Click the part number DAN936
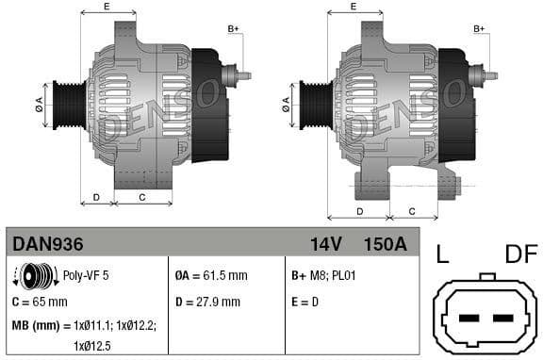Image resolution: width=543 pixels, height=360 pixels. (48, 243)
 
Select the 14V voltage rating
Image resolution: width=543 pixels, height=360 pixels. (325, 243)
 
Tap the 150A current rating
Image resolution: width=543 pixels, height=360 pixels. (385, 243)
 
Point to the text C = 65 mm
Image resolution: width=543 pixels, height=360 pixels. (40, 302)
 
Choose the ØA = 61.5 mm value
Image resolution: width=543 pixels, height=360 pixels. (211, 276)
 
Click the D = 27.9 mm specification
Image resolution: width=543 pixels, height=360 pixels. (208, 302)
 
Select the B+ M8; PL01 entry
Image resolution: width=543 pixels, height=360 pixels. (325, 276)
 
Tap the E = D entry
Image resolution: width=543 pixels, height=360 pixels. (306, 302)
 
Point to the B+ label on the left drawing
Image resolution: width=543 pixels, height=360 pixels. (234, 29)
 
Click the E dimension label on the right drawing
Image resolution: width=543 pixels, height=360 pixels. (354, 7)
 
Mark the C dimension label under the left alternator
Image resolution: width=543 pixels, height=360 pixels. (141, 197)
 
